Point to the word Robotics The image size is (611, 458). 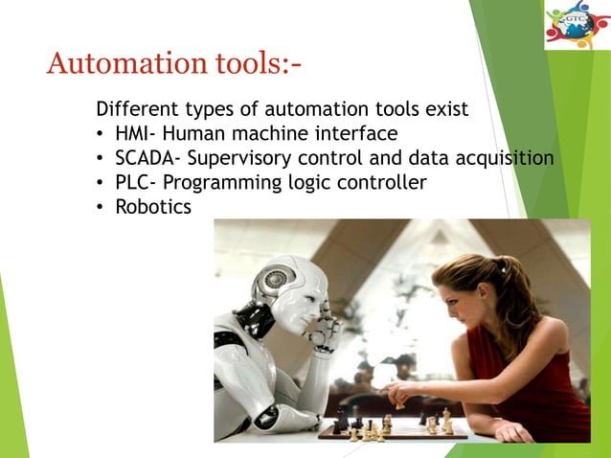(x=153, y=206)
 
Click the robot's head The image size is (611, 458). (x=287, y=287)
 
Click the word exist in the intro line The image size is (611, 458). (x=446, y=108)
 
